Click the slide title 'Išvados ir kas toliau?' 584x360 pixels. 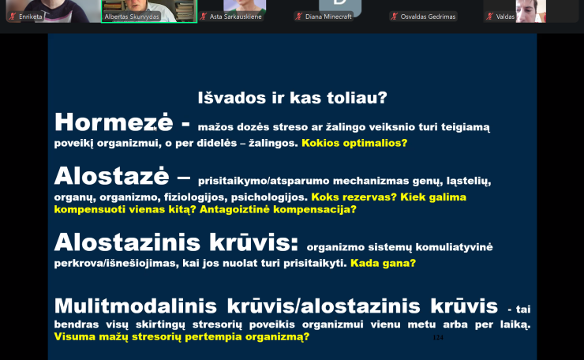292,98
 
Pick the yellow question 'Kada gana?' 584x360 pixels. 383,263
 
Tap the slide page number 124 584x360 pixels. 438,337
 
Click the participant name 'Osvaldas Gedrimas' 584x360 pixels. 428,17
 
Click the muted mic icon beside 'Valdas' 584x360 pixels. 490,17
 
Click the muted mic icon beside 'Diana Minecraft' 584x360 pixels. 299,17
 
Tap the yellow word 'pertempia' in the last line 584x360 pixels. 202,336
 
